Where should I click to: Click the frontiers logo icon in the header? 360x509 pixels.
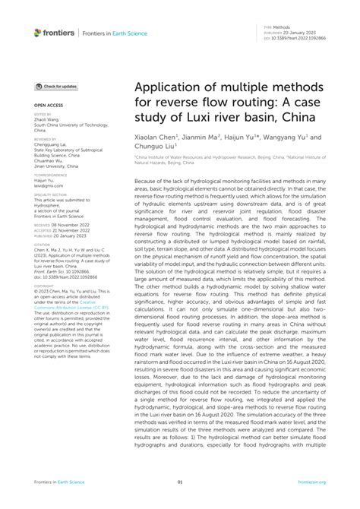(x=38, y=33)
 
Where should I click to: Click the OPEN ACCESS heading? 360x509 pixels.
(x=46, y=104)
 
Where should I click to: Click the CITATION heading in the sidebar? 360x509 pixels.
(x=43, y=245)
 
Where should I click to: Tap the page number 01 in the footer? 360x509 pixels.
(x=180, y=482)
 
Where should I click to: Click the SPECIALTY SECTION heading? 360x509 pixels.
(x=50, y=194)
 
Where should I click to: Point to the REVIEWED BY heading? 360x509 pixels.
(x=45, y=139)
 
